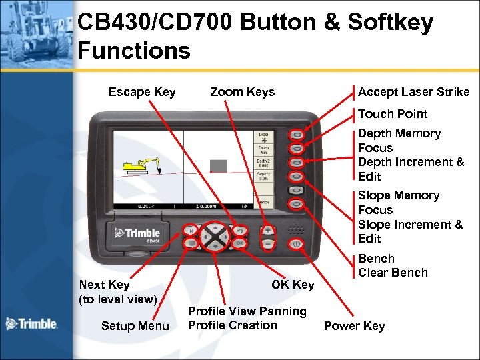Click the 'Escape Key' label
[142, 92]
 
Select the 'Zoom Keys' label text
[242, 92]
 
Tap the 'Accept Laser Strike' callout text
[413, 92]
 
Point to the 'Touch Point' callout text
[392, 114]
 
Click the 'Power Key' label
[354, 326]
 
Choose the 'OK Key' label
[293, 285]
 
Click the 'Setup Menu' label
[135, 326]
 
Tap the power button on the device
[297, 244]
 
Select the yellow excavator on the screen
[141, 164]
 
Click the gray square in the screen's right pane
[219, 165]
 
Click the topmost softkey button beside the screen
[297, 135]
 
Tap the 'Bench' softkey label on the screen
[263, 202]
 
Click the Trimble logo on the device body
[137, 233]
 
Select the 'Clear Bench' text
[393, 273]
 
